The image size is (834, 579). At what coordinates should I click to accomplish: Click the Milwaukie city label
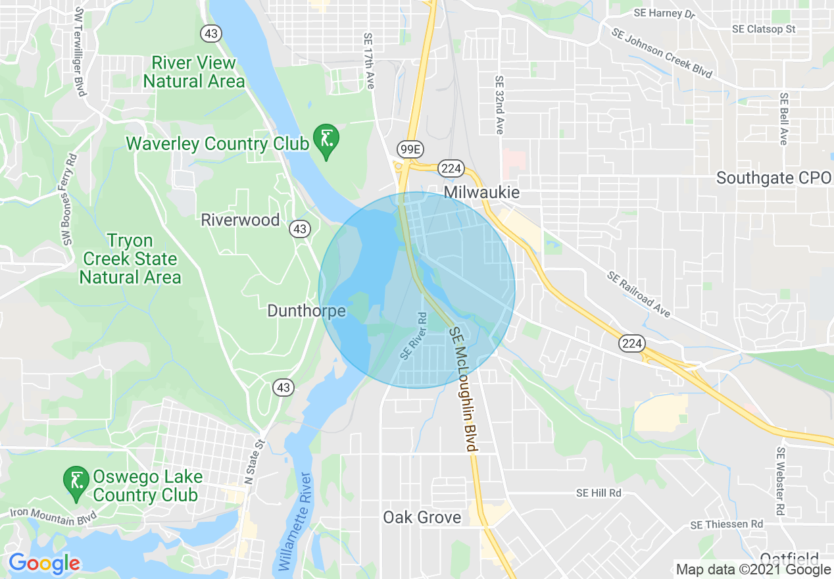pos(481,192)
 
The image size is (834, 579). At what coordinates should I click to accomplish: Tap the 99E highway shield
pos(409,149)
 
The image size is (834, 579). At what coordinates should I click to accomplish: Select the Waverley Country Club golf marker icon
pos(326,139)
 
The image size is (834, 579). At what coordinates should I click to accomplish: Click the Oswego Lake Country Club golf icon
pos(76,482)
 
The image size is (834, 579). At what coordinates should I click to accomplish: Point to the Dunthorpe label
pos(307,311)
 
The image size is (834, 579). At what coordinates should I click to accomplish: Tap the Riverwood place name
pos(240,220)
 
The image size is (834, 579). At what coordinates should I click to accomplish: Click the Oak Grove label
pos(422,518)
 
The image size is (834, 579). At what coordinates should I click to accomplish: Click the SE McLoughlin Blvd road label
pos(462,390)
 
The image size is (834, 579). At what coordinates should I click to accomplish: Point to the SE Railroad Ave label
pos(639,295)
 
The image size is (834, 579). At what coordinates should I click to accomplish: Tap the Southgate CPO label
pos(774,178)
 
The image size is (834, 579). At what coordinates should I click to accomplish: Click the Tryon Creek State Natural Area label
pos(130,259)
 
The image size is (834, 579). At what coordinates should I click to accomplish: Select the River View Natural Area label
pos(194,72)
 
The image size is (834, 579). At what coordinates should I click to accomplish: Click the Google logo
pos(44,563)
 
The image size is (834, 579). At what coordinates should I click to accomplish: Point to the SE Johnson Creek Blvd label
pos(661,53)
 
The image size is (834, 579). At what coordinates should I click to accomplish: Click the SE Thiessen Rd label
pos(726,524)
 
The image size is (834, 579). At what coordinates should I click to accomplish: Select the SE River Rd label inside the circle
pos(414,336)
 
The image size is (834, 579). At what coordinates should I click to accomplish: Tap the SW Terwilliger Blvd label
pos(80,51)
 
